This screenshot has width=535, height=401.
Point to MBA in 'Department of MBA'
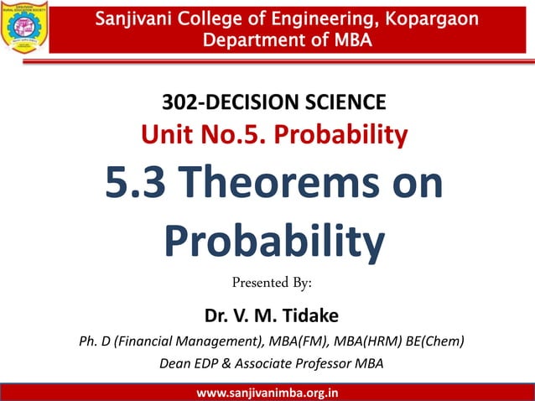348,39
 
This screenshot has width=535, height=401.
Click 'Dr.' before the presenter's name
216,316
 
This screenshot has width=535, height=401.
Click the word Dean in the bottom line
177,363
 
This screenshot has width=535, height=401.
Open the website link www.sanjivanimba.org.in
267,392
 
